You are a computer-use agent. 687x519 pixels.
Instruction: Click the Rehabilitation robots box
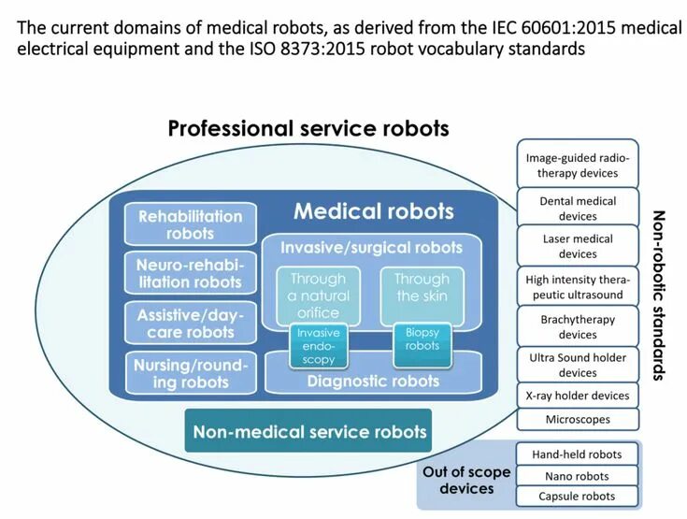point(190,224)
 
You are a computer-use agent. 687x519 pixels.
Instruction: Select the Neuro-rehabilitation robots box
point(190,273)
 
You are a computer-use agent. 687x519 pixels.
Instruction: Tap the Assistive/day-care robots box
point(186,324)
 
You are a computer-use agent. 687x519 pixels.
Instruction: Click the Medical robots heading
point(373,211)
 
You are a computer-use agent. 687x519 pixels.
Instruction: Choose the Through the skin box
point(422,287)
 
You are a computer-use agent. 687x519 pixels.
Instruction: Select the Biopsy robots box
point(422,339)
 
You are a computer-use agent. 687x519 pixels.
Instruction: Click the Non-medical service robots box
point(308,431)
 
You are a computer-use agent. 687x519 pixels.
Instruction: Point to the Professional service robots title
point(308,128)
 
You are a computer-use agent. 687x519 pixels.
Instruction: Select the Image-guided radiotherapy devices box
point(578,166)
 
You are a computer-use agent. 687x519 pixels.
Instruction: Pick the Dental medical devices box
point(578,209)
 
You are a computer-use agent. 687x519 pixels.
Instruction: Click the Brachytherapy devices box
point(578,326)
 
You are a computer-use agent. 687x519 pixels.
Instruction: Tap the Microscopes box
point(578,420)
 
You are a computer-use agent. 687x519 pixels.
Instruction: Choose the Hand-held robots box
point(577,454)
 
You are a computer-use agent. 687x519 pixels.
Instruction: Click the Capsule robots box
point(577,496)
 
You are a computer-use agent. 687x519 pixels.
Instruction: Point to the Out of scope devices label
point(466,480)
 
